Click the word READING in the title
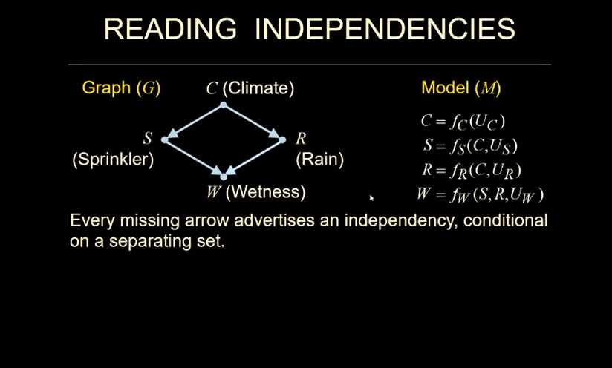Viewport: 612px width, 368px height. click(170, 29)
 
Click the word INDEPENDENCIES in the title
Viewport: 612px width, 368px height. click(384, 29)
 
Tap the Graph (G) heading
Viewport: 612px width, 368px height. click(121, 88)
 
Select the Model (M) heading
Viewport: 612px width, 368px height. click(460, 88)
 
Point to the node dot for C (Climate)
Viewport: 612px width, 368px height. click(223, 105)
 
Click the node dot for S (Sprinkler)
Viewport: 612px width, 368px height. click(165, 139)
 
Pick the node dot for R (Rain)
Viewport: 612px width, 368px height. click(283, 139)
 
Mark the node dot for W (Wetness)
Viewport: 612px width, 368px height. click(223, 177)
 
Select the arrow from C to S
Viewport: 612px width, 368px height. click(195, 122)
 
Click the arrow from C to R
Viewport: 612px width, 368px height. click(253, 122)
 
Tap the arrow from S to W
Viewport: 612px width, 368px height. click(193, 157)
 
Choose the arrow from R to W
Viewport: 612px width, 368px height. click(253, 157)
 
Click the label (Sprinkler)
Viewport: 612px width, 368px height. click(113, 160)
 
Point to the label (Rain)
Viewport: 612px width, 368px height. click(319, 160)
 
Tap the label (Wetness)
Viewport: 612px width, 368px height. click(265, 192)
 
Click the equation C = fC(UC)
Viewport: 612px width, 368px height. click(463, 121)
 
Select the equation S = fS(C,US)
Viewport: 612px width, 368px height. click(469, 145)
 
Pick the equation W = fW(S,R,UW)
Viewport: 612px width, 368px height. click(481, 195)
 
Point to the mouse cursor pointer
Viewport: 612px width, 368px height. click(371, 198)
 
